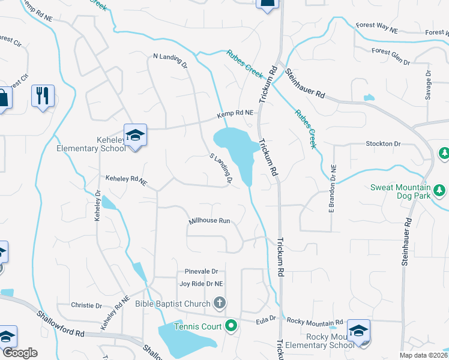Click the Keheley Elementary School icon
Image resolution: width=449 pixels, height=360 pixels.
coord(135,135)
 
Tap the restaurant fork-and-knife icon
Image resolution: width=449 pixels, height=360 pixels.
coord(42,95)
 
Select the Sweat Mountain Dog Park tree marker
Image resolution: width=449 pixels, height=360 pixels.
coord(441,190)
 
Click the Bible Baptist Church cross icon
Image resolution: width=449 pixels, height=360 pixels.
coord(220,304)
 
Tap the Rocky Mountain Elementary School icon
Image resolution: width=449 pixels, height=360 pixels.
coord(358,331)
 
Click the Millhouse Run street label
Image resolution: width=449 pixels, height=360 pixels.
coord(209,221)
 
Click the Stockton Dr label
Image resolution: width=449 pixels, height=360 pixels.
coord(383,144)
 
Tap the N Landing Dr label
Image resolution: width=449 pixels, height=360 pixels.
coord(171,61)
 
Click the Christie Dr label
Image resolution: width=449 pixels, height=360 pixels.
coord(86,305)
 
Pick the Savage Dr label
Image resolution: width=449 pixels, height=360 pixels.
coord(429,86)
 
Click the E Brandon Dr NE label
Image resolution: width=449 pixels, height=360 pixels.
coord(331,188)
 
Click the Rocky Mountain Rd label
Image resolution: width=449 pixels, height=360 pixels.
coord(315,321)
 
